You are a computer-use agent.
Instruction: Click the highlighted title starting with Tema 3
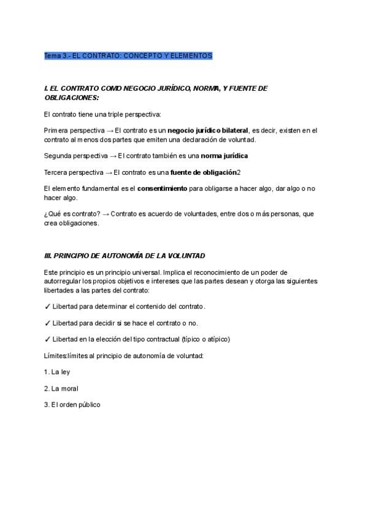click(128, 56)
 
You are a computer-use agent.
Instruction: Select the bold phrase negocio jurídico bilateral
click(207, 130)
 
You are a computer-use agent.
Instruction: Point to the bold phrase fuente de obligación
click(203, 172)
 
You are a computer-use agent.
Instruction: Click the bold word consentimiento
click(162, 189)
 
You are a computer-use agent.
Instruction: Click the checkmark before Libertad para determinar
click(47, 306)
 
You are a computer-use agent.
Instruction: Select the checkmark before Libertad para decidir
click(47, 323)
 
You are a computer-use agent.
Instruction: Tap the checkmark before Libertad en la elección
click(47, 339)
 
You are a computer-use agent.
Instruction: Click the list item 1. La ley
click(57, 372)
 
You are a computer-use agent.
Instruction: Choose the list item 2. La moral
click(61, 389)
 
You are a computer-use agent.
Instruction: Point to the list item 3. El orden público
click(72, 405)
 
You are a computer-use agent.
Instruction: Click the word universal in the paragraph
click(144, 272)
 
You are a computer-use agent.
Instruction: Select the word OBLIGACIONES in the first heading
click(71, 97)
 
